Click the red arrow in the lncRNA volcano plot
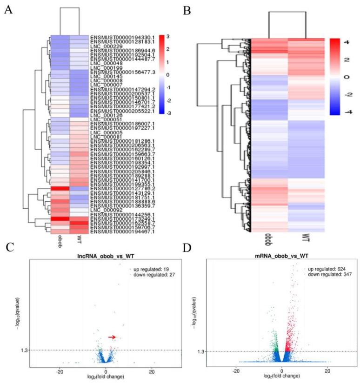pos(113,337)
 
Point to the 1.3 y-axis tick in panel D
pos(202,352)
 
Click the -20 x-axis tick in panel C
pos(60,372)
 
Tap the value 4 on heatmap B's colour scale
pos(347,42)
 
